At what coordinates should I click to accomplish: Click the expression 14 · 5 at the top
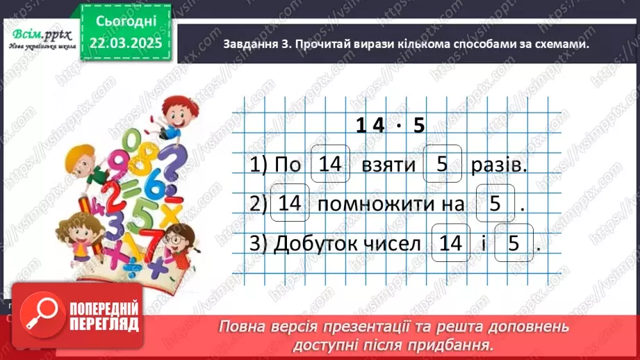click(x=390, y=125)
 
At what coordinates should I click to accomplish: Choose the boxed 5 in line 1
click(x=442, y=164)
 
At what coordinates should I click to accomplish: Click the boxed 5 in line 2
click(x=495, y=204)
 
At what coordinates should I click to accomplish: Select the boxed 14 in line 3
click(x=450, y=243)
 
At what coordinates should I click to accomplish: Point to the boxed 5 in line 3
click(x=513, y=243)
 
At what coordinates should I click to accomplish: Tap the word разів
click(x=495, y=165)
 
